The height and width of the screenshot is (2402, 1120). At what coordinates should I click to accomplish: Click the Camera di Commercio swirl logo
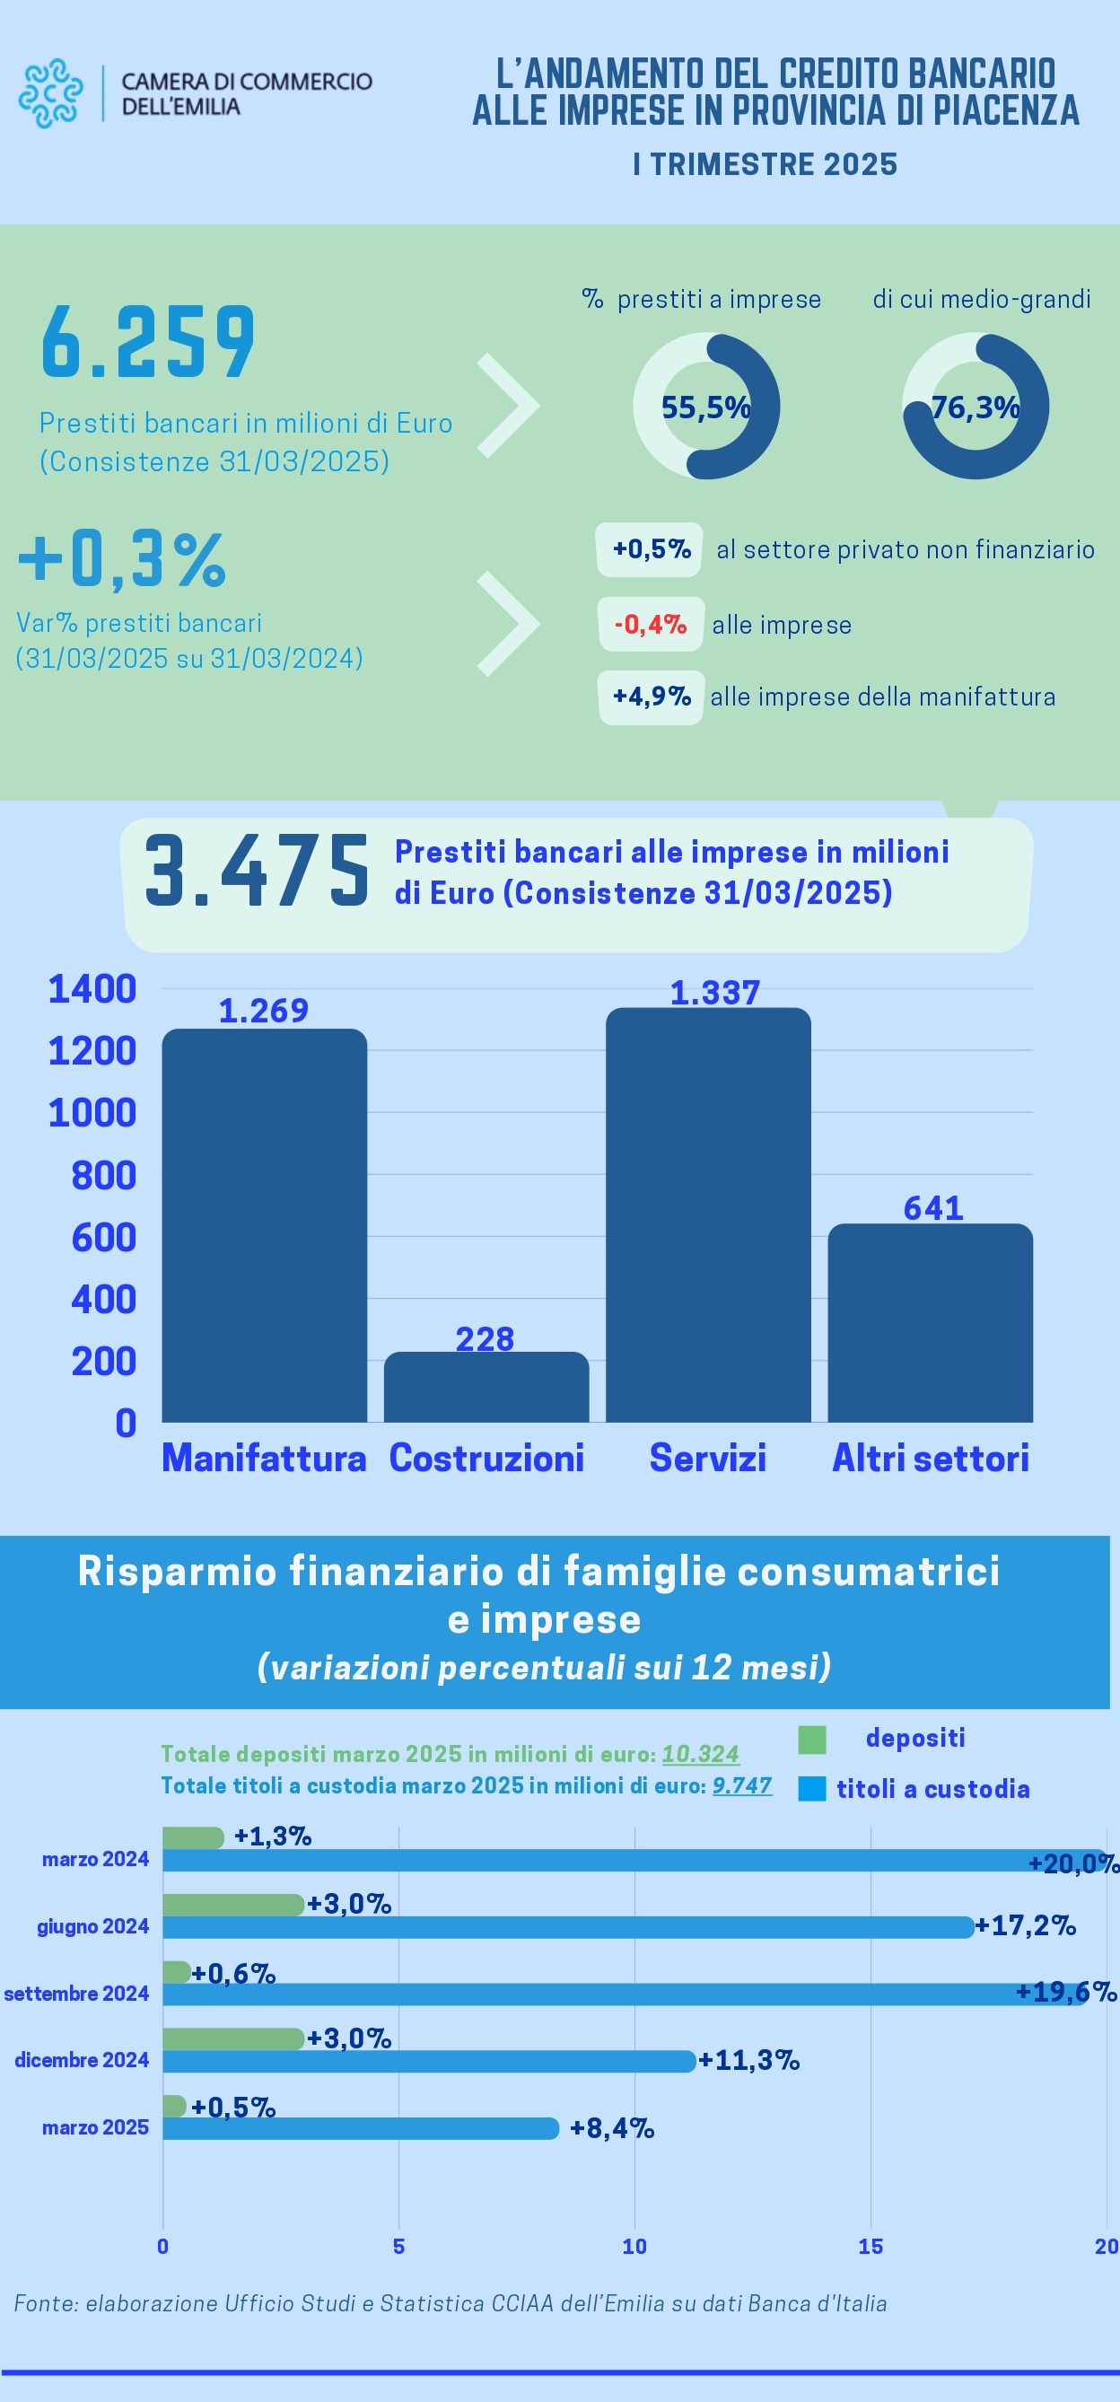tap(51, 93)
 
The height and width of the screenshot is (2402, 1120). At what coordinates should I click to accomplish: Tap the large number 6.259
tap(148, 341)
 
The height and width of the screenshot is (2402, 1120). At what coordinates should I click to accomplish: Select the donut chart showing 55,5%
tap(706, 407)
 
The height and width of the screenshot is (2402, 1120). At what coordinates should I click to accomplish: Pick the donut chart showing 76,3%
tap(976, 407)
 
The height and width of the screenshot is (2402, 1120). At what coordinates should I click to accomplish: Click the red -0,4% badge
tap(650, 624)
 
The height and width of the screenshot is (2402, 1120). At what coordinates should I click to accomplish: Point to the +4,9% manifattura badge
tap(651, 697)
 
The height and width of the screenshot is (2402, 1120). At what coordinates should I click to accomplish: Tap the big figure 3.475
tap(257, 871)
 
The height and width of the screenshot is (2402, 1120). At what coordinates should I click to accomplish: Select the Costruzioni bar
tap(486, 1387)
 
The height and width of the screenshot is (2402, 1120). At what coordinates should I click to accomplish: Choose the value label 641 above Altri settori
tap(932, 1208)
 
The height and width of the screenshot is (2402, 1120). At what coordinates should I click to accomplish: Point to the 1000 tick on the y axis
tap(92, 1113)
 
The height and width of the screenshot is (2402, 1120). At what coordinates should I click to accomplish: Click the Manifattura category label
tap(264, 1458)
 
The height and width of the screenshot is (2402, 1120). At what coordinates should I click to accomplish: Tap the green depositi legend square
tap(812, 1739)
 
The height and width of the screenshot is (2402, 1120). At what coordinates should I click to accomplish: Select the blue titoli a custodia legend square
tap(812, 1788)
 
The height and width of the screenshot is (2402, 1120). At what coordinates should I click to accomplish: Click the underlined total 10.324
tap(700, 1754)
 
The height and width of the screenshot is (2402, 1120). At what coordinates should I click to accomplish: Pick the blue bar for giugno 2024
tap(568, 1927)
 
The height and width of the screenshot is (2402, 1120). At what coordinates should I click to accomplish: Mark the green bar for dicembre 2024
tap(233, 2038)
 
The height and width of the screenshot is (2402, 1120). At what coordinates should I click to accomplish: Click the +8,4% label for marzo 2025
tap(612, 2128)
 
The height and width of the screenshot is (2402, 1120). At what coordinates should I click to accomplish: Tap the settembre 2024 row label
tap(76, 1994)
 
